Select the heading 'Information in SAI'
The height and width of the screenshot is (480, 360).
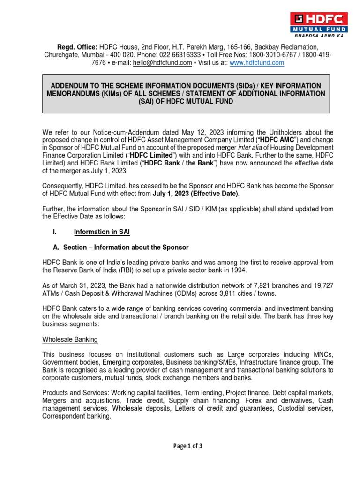tap(102, 232)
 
